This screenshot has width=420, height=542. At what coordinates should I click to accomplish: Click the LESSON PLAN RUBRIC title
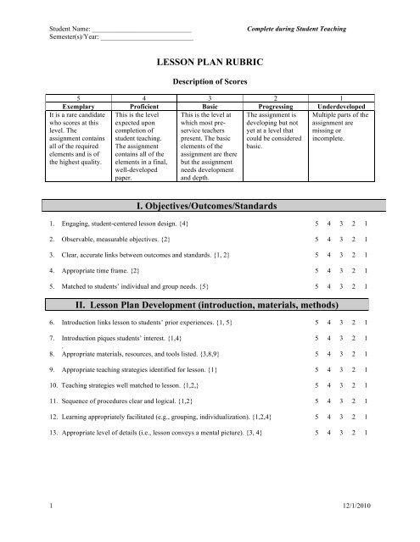pyautogui.click(x=209, y=63)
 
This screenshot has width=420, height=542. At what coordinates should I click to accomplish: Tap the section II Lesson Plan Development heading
pyautogui.click(x=209, y=305)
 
